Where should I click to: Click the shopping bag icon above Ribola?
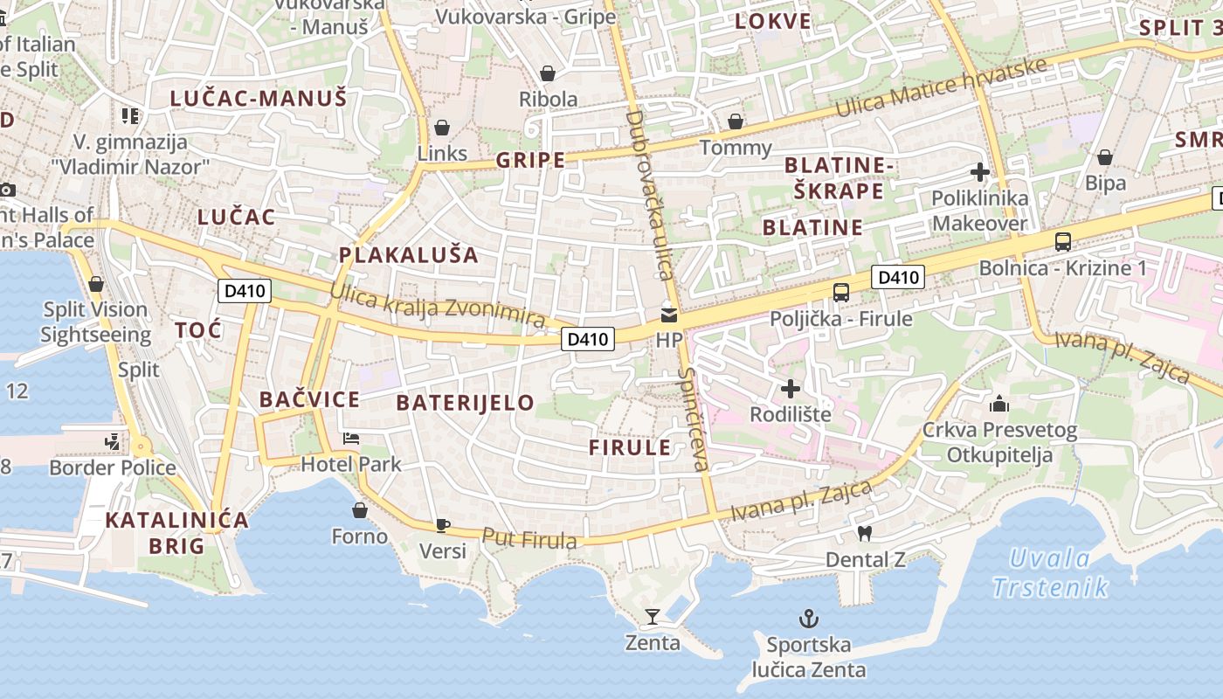pyautogui.click(x=548, y=73)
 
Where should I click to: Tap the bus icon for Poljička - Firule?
pyautogui.click(x=840, y=293)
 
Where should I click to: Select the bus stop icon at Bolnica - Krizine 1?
pyautogui.click(x=1062, y=242)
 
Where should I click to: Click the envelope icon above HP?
pyautogui.click(x=669, y=315)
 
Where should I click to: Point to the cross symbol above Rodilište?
pyautogui.click(x=791, y=388)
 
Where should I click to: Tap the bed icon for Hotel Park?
pyautogui.click(x=351, y=438)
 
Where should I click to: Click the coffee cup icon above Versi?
pyautogui.click(x=443, y=525)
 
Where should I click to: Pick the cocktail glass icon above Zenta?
pyautogui.click(x=652, y=617)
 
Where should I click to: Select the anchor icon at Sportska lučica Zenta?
pyautogui.click(x=809, y=619)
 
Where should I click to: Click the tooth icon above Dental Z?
pyautogui.click(x=865, y=533)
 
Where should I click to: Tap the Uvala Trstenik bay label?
pyautogui.click(x=1050, y=572)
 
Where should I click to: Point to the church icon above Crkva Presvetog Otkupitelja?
pyautogui.click(x=999, y=404)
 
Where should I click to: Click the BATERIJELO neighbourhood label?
pyautogui.click(x=465, y=403)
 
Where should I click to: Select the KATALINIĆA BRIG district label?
pyautogui.click(x=176, y=533)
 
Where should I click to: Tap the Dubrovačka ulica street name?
pyautogui.click(x=647, y=194)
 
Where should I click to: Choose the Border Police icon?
pyautogui.click(x=112, y=443)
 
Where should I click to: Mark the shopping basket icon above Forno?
pyautogui.click(x=359, y=510)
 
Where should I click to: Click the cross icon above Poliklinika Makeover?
pyautogui.click(x=979, y=172)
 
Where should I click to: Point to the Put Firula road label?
pyautogui.click(x=529, y=539)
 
